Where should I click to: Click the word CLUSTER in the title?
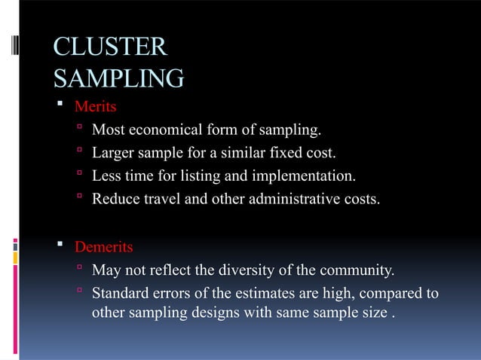click(x=110, y=47)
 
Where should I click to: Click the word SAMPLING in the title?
click(x=119, y=78)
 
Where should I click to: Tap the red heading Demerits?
click(x=103, y=247)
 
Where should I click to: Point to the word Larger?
click(x=112, y=154)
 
